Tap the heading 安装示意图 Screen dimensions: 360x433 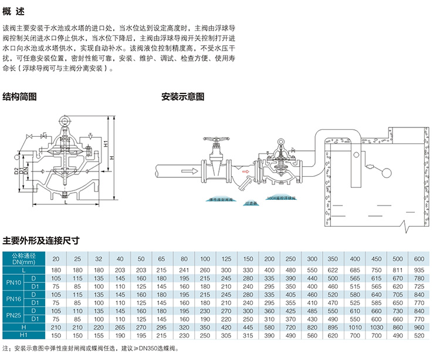coord(182,96)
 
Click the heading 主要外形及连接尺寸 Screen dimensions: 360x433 coord(40,240)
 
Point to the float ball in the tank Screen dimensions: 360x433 coord(385,172)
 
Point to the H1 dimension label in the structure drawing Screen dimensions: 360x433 coord(104,144)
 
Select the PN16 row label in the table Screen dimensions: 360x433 coord(13,298)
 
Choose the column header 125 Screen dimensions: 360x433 coord(226,259)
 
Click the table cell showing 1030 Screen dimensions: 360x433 coord(376,327)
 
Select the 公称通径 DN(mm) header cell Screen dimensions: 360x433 coord(24,259)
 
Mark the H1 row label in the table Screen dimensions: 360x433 coord(24,335)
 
